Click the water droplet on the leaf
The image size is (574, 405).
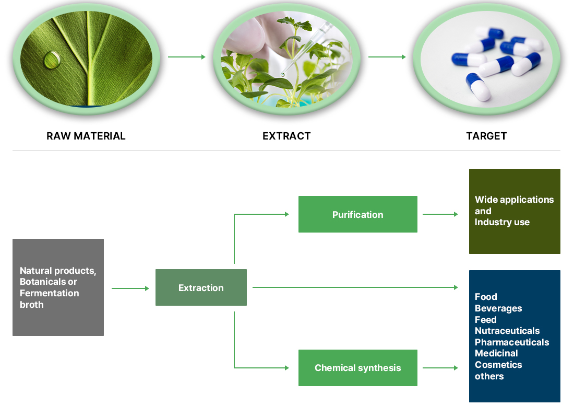tap(52, 60)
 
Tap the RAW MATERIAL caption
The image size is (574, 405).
tap(86, 136)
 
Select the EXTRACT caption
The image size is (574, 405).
tap(286, 136)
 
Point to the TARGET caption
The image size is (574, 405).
tap(486, 136)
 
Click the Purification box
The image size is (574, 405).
tap(357, 214)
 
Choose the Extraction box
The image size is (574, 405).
tap(201, 287)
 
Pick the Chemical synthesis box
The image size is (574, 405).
tap(357, 367)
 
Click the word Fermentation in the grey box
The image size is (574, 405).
tap(50, 293)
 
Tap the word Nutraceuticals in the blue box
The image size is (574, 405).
tap(507, 331)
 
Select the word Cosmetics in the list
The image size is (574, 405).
tap(498, 365)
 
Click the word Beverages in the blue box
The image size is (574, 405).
tap(498, 309)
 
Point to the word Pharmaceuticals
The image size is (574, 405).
tap(512, 342)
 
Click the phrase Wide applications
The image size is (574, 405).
tap(515, 200)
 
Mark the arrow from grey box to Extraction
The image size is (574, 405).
tap(130, 288)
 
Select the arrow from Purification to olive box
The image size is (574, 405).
tap(440, 214)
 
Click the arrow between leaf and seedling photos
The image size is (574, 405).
tap(187, 57)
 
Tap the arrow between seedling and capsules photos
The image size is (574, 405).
tap(387, 57)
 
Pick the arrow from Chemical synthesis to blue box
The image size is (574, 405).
tap(440, 367)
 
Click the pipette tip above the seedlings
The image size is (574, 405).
tap(283, 74)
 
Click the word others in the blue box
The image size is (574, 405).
tap(489, 376)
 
